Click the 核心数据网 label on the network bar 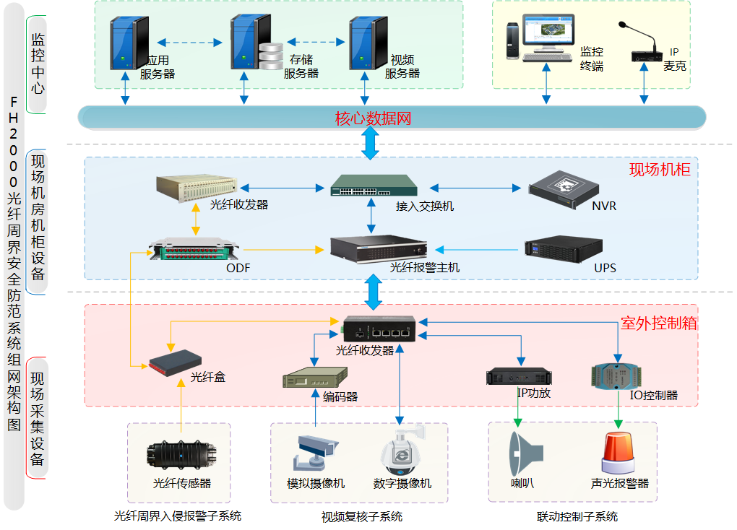[373, 118]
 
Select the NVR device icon [564, 186]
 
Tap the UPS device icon [564, 249]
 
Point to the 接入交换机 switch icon [374, 186]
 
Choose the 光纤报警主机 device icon [378, 248]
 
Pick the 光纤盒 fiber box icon [175, 362]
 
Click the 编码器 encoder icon [315, 378]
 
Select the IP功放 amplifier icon [518, 376]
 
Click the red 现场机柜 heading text [660, 170]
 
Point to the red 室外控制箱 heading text [659, 323]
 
